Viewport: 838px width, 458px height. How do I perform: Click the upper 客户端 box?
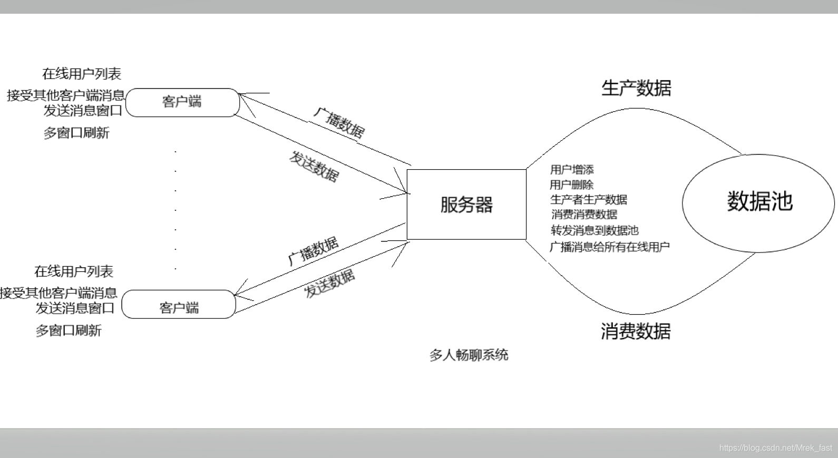tap(182, 102)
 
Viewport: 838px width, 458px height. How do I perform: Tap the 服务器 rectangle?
tap(466, 204)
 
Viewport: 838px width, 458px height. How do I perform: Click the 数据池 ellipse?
tap(758, 202)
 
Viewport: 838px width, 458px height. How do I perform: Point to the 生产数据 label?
tap(636, 88)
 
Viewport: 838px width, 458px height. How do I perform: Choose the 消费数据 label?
tap(636, 332)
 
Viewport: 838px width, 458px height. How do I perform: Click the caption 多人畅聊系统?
tap(469, 355)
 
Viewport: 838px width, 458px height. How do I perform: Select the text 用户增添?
tap(572, 170)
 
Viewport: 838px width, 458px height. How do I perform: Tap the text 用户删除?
tap(572, 184)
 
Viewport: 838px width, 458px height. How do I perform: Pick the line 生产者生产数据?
tap(589, 200)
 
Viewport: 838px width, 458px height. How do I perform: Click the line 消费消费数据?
tap(584, 215)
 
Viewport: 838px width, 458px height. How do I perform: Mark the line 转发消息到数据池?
tap(595, 230)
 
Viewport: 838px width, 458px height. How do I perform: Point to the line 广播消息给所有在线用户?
tap(609, 247)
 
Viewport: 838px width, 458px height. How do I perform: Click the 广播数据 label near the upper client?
tap(339, 123)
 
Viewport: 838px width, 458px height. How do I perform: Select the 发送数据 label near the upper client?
tap(314, 167)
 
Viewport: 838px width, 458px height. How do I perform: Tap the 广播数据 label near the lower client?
tap(314, 250)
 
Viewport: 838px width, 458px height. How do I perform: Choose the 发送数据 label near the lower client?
tap(330, 284)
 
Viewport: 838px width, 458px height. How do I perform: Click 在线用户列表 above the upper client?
tap(82, 74)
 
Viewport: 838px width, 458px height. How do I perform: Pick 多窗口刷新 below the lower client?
tap(69, 331)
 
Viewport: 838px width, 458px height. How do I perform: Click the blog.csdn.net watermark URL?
tap(775, 448)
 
